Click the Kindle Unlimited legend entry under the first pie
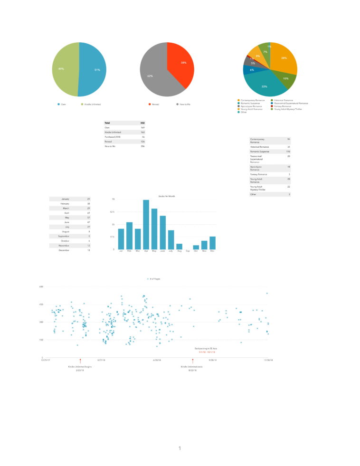(92, 104)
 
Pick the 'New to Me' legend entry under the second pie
(184, 104)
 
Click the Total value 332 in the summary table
(142, 123)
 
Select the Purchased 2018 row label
(113, 136)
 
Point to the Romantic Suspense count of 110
(288, 152)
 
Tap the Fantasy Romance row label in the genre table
(258, 174)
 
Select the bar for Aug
(179, 246)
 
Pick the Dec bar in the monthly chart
(212, 243)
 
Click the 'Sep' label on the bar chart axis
(188, 251)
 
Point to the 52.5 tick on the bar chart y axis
(113, 212)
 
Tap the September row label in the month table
(64, 236)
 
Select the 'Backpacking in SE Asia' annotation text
(206, 349)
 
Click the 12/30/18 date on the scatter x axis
(268, 360)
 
